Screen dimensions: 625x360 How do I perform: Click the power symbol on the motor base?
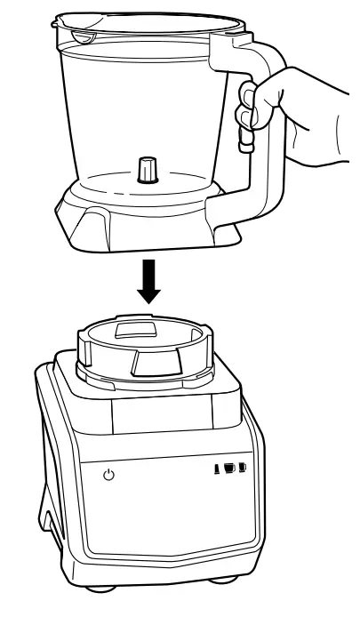point(108,476)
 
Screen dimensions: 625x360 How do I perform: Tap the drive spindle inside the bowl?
point(147,168)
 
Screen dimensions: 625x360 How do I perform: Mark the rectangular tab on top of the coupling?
point(139,330)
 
